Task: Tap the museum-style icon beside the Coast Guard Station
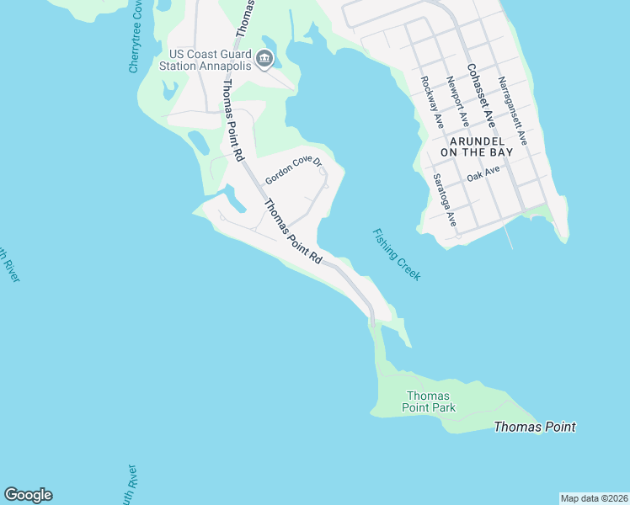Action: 264,58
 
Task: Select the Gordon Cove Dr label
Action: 293,171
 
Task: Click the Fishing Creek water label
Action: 396,255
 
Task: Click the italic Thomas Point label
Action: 534,427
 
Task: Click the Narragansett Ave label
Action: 512,111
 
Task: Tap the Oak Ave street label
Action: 483,175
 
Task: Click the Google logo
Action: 28,495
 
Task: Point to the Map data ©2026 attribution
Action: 594,498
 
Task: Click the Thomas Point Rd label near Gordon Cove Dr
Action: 293,232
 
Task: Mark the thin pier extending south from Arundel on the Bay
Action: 510,237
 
